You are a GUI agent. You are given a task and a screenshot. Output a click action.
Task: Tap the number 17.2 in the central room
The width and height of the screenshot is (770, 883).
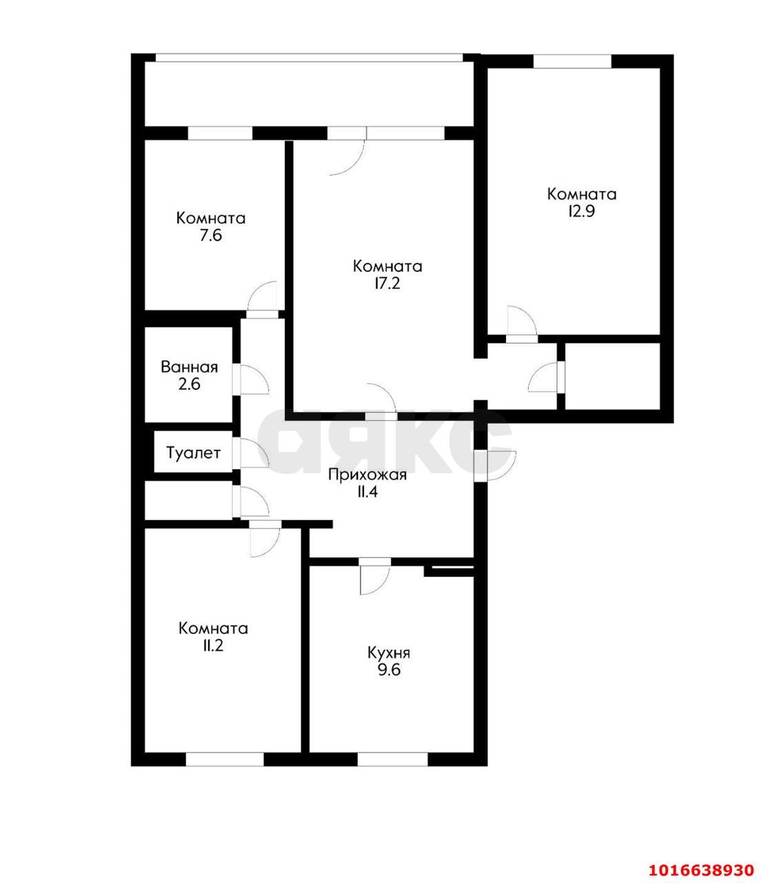[x=387, y=284]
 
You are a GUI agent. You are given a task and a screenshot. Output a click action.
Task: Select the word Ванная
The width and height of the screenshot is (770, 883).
[x=190, y=367]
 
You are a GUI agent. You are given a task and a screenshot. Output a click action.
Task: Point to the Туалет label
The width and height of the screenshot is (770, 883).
[x=194, y=453]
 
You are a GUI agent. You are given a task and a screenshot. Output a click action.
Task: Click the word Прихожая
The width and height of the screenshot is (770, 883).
[x=367, y=475]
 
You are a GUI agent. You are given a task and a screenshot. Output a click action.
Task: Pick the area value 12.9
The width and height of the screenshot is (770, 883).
[x=582, y=212]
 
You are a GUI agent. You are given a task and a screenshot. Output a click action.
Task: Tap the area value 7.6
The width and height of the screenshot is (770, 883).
[x=211, y=236]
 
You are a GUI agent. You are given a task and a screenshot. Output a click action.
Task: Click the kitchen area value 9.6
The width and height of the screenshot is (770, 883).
[x=389, y=669]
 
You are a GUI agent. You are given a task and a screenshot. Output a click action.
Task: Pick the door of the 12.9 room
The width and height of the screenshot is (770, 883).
[x=522, y=324]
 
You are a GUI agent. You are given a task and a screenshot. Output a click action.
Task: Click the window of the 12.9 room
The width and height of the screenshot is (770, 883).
[x=573, y=61]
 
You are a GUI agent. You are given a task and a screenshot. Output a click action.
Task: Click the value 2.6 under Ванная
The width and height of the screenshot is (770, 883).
[x=190, y=384]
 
